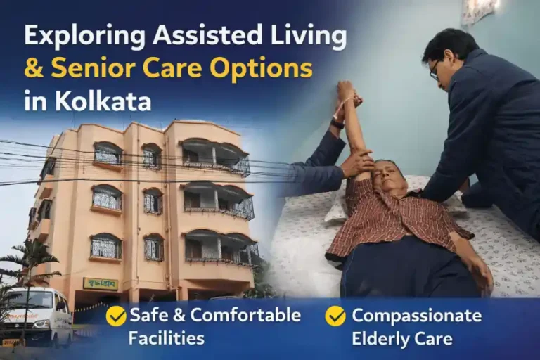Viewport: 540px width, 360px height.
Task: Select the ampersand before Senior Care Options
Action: [x=34, y=69]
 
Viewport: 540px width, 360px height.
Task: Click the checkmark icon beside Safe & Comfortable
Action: [x=116, y=316]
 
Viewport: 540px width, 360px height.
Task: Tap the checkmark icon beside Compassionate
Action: [x=335, y=316]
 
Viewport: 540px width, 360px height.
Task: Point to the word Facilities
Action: [x=166, y=338]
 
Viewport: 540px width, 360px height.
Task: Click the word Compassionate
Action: [x=416, y=316]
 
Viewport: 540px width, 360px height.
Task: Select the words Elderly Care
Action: [x=402, y=338]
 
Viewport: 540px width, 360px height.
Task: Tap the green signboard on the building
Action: [x=101, y=283]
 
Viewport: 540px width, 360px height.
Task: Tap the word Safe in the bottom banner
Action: [x=146, y=316]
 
